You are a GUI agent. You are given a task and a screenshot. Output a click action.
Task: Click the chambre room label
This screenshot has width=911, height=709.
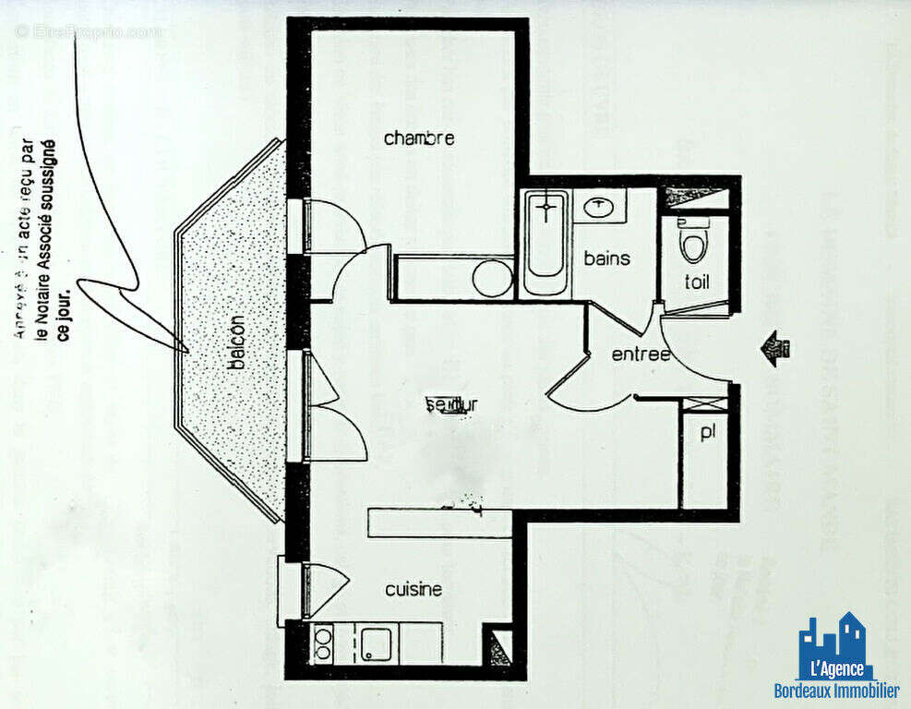[419, 138]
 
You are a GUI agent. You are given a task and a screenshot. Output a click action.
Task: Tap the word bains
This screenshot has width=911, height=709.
[606, 258]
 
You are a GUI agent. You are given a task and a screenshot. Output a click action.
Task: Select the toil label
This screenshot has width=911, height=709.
[697, 282]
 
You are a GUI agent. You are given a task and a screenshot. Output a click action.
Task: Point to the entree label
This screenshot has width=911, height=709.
[640, 354]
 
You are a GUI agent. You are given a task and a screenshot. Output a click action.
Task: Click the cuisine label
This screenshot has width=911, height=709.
[414, 589]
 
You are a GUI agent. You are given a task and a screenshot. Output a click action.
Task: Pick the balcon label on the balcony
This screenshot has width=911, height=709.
[237, 344]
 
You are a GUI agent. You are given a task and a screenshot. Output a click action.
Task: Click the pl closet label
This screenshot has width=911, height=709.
[707, 432]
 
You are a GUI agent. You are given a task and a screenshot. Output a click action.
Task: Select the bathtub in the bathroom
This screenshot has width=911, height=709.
[546, 241]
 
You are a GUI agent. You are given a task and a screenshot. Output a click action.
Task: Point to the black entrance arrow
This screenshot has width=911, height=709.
[774, 349]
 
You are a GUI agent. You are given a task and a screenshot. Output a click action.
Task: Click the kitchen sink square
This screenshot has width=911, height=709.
[376, 643]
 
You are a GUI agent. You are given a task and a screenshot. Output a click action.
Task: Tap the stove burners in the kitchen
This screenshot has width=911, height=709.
[323, 643]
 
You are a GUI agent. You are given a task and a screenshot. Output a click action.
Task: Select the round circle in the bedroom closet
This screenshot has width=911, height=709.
[492, 278]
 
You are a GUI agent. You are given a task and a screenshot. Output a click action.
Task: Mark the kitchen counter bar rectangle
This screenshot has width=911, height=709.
[439, 523]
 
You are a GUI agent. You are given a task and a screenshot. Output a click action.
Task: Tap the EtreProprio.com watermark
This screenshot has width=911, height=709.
[89, 31]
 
